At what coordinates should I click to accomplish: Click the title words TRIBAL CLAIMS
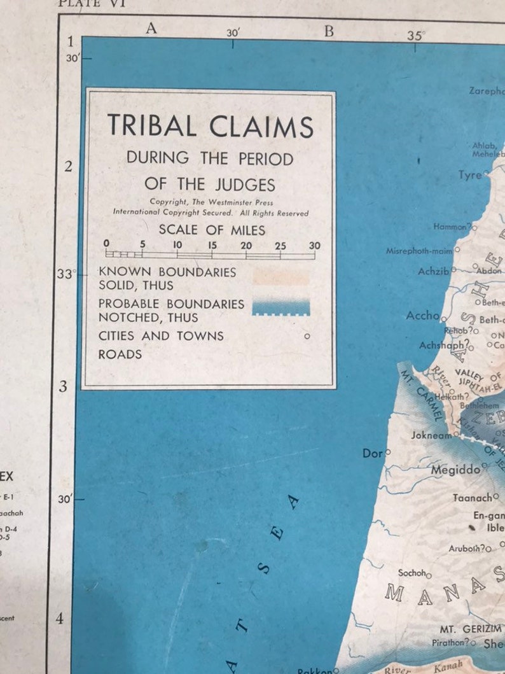(211, 126)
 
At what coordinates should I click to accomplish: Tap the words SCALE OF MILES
(212, 230)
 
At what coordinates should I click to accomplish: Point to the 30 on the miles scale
(314, 246)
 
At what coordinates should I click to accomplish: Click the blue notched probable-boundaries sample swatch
(280, 307)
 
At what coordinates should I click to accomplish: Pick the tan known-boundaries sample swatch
(280, 276)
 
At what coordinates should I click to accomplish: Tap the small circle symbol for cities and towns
(307, 336)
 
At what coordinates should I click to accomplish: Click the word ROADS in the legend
(120, 355)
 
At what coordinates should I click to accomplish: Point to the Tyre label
(470, 175)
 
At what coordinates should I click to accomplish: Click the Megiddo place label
(455, 470)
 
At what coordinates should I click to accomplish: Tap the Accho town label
(422, 316)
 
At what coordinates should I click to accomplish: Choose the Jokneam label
(431, 436)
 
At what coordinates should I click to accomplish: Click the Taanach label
(472, 498)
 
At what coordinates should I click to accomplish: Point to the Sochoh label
(412, 573)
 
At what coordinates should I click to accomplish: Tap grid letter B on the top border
(329, 31)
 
